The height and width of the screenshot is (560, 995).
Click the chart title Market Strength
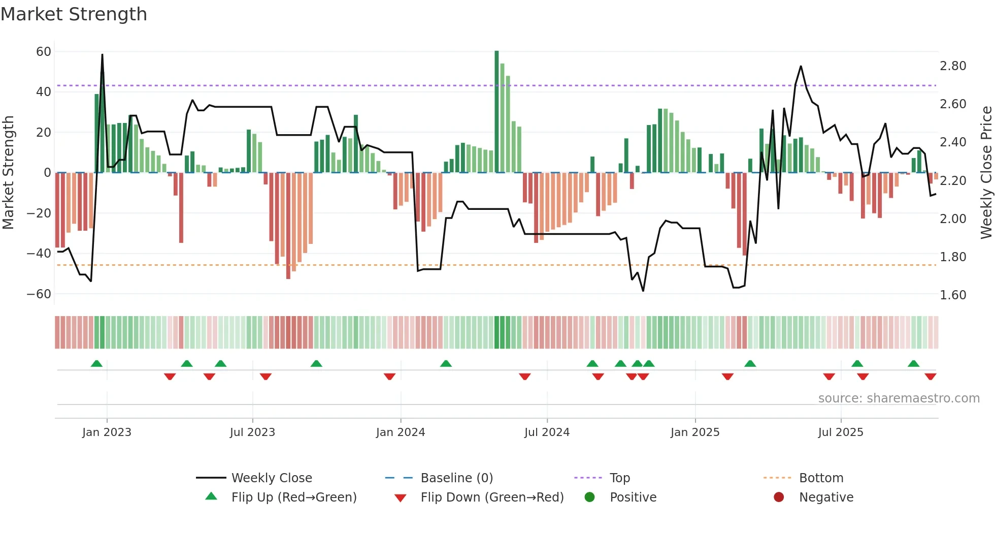[74, 14]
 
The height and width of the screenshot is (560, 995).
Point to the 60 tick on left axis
[44, 52]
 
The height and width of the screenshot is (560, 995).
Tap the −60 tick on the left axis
[39, 294]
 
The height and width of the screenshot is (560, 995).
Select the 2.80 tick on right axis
[953, 66]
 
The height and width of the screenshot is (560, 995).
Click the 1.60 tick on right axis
[953, 295]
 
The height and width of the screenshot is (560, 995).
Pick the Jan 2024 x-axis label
[401, 432]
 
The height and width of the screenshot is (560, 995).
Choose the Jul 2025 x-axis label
[841, 432]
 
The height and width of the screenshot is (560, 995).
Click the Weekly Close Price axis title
[986, 173]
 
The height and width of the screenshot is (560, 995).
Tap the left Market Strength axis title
[8, 173]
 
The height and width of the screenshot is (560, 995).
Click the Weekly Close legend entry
[272, 478]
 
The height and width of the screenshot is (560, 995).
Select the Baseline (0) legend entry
[456, 478]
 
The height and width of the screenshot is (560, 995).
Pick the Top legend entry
[620, 478]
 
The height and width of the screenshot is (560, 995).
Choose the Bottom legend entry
[821, 478]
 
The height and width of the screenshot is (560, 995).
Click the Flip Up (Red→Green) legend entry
[294, 497]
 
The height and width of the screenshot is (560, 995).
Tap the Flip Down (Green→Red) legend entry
[492, 497]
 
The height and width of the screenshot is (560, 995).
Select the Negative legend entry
[826, 497]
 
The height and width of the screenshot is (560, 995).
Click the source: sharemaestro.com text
[899, 398]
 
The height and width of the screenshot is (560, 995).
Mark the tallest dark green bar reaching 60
[496, 112]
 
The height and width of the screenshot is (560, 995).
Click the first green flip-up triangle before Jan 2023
[96, 363]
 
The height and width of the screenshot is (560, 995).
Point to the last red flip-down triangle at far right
[930, 377]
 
